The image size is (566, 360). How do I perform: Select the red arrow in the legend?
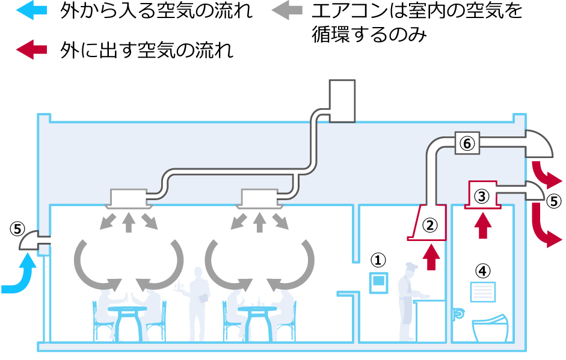pos(31,50)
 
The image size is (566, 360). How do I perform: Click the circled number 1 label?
pos(377,260)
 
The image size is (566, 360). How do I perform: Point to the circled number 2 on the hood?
pos(429,225)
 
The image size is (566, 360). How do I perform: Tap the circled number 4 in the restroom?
pos(482,270)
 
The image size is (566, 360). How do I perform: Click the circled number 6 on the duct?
pos(467,142)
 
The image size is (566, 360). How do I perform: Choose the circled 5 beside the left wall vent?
pos(17,229)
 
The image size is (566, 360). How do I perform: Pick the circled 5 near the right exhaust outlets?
pos(553,201)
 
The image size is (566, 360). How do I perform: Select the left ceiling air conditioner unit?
pos(128,197)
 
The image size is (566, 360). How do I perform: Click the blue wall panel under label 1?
pos(378,282)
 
